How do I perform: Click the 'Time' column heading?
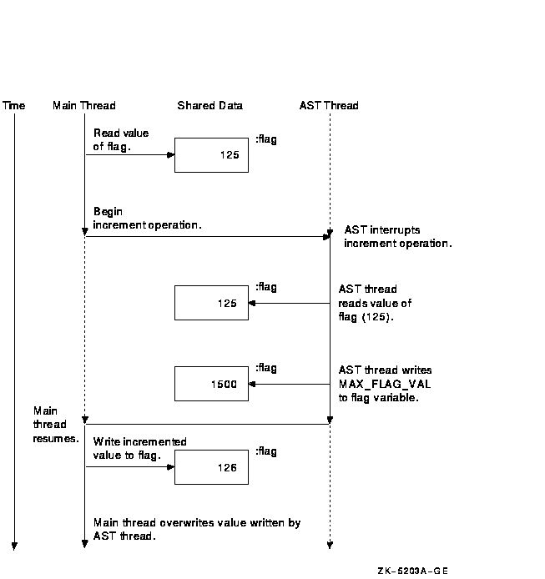pos(13,106)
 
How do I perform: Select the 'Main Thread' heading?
pos(83,106)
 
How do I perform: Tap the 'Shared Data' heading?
pos(209,106)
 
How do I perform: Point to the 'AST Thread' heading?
pos(329,106)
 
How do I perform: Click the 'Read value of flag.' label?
pos(121,139)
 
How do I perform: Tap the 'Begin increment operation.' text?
pos(147,219)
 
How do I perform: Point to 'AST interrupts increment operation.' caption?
pos(398,237)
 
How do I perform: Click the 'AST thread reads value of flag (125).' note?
pos(375,303)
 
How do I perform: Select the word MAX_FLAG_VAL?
pos(385,384)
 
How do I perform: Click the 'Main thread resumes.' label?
pos(56,425)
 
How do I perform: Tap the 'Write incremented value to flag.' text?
pos(139,448)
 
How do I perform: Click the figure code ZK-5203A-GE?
pos(413,571)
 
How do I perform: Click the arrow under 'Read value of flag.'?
pos(130,154)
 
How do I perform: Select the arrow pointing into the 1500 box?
pos(290,384)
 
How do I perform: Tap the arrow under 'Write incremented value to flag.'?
pos(130,467)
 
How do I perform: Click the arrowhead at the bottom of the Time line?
pos(14,546)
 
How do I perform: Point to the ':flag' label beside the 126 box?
pos(266,451)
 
